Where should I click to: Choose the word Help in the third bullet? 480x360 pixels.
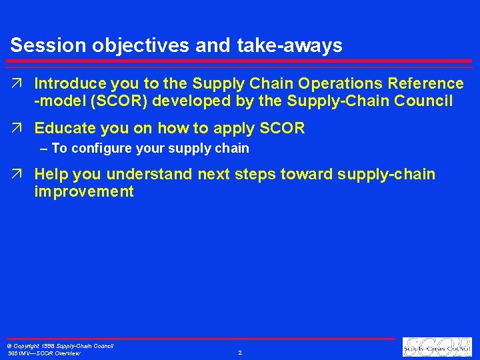click(x=52, y=175)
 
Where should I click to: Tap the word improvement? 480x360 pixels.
click(x=84, y=192)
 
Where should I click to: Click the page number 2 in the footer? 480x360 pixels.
click(x=240, y=352)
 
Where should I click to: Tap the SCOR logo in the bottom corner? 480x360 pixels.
click(x=437, y=347)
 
